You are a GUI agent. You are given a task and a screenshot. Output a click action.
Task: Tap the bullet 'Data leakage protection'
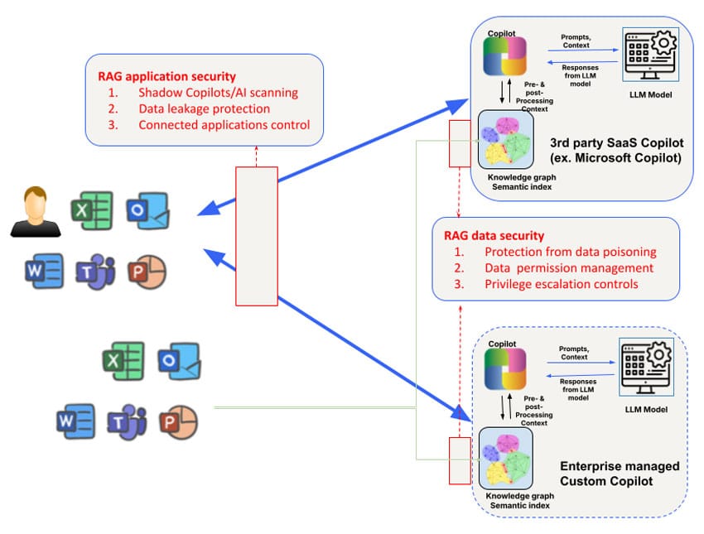pos(204,108)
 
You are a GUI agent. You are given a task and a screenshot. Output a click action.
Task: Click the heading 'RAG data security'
pos(494,235)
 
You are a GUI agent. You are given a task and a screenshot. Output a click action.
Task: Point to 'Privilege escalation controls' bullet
pos(561,284)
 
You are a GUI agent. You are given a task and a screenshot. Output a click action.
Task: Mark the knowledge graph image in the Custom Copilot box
pos(505,456)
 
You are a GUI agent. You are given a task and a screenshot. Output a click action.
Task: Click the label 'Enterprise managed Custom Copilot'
pos(619,474)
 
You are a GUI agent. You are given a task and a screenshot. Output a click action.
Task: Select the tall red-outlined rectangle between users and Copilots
pos(257,236)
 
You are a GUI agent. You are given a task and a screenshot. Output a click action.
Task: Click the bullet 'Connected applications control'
pos(224,125)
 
